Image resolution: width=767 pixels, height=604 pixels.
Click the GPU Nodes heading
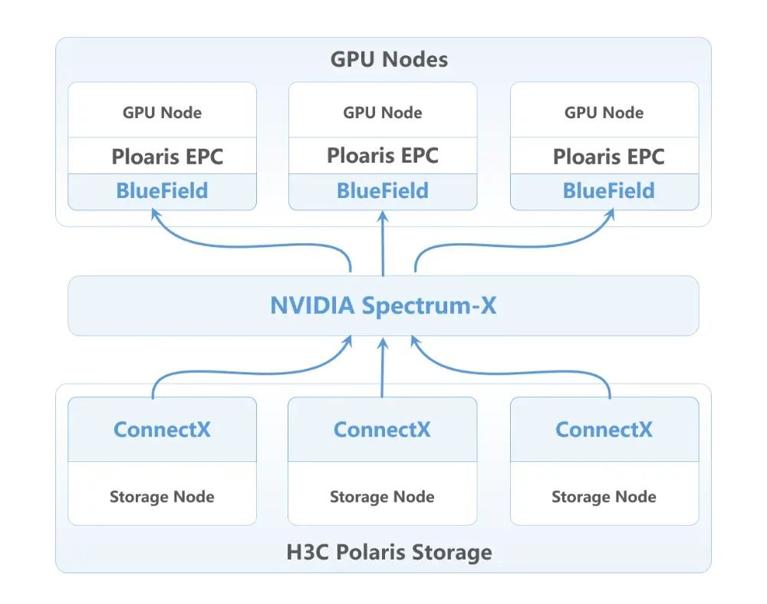[x=389, y=60]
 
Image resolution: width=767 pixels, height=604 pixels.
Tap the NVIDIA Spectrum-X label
[x=383, y=306]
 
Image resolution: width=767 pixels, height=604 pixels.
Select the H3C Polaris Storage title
[x=389, y=552]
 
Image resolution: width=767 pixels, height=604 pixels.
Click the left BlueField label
[x=162, y=191]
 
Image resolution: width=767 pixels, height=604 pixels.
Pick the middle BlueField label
[x=383, y=191]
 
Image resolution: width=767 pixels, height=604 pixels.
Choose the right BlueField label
[x=608, y=191]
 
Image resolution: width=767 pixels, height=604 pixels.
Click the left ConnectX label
[x=162, y=430]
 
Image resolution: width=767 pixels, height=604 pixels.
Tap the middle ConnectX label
[x=382, y=430]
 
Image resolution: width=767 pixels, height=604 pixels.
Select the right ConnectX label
[x=604, y=430]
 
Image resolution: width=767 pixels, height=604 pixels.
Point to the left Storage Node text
[x=162, y=497]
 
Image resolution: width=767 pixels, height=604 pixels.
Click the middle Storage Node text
[x=382, y=497]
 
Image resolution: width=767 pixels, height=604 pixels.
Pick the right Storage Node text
[x=604, y=497]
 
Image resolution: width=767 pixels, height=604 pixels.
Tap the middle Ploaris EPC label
[x=383, y=156]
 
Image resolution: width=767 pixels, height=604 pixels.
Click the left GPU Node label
[x=162, y=113]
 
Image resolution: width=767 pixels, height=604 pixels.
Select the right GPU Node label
[x=604, y=113]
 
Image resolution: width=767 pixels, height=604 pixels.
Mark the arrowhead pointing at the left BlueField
[x=156, y=213]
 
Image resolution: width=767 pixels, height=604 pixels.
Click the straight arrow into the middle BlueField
[x=383, y=243]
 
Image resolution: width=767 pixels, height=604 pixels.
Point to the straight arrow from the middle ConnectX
[x=383, y=368]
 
